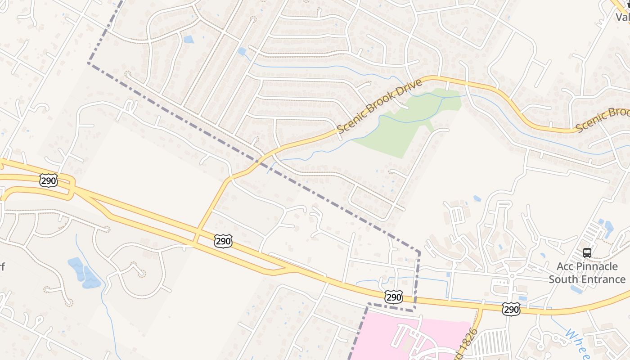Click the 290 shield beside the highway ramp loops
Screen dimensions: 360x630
point(48,181)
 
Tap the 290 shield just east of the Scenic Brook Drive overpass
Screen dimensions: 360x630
point(223,241)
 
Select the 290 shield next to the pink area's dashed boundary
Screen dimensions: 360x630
point(394,297)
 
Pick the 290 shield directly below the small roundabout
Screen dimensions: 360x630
point(511,309)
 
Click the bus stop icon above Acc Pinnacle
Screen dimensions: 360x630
point(587,252)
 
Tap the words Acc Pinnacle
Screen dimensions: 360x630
point(587,266)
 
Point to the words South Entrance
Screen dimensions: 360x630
point(587,279)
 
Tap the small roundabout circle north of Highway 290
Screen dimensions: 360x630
point(512,275)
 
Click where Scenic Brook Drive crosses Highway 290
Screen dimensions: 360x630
point(196,236)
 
